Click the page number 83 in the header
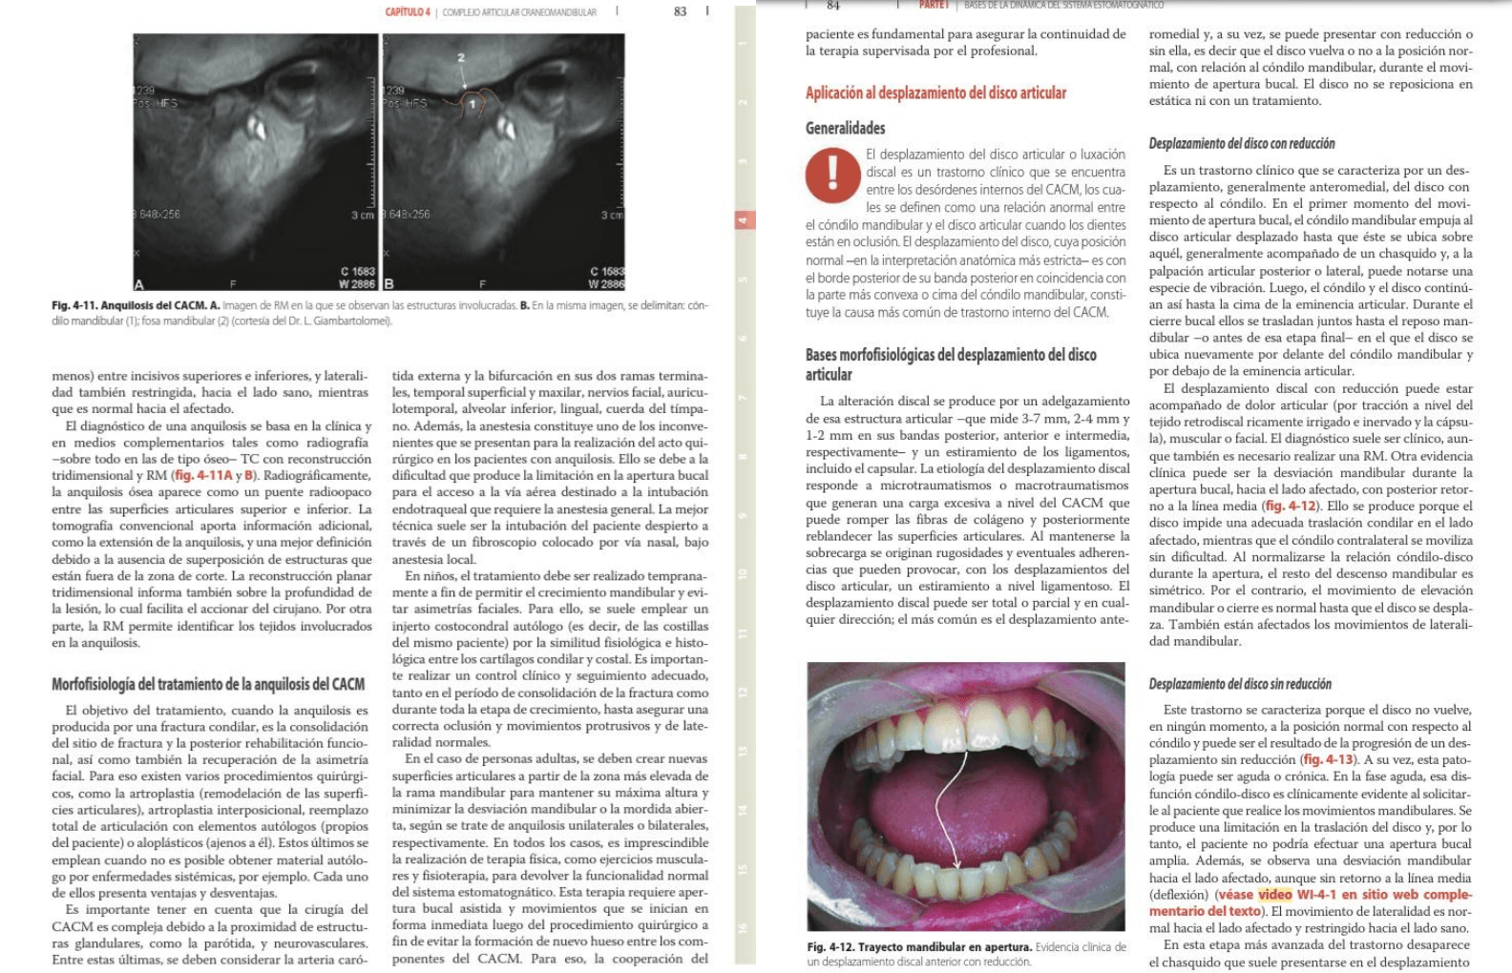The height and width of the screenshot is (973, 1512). (x=680, y=11)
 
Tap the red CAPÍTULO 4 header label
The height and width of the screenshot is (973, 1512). (x=408, y=11)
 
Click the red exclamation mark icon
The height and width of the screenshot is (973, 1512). (x=832, y=174)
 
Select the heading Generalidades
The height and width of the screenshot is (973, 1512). (x=845, y=128)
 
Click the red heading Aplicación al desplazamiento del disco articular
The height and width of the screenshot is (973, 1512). (x=935, y=93)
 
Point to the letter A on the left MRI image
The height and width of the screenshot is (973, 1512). (x=139, y=283)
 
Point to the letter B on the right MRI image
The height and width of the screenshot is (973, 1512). (x=389, y=283)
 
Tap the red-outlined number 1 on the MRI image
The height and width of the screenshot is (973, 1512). (x=471, y=103)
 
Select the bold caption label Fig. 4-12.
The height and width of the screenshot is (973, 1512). (x=829, y=946)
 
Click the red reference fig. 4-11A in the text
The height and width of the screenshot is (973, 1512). (x=203, y=475)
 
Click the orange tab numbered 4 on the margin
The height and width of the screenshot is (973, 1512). (x=744, y=220)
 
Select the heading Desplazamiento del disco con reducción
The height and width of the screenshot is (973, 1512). (x=1242, y=143)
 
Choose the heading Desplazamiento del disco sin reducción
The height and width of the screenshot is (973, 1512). (x=1240, y=684)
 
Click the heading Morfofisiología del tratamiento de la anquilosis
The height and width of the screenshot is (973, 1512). (x=208, y=684)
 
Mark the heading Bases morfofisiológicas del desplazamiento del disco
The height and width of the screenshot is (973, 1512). (x=950, y=363)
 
